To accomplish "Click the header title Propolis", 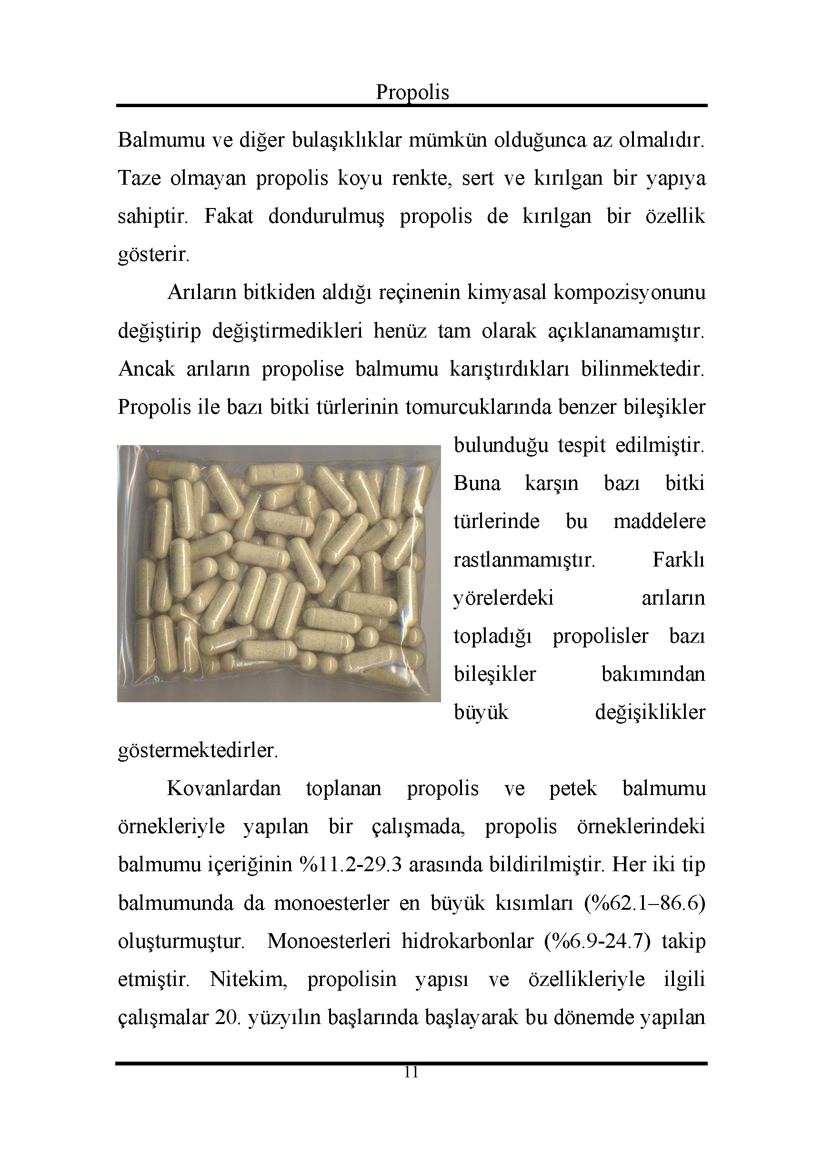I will [412, 92].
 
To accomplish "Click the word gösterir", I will [153, 255].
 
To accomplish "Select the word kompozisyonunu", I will [629, 293].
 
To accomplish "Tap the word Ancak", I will [146, 369].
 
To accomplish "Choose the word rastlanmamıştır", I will [524, 560].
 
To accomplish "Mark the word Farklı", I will [679, 560].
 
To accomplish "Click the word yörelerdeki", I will [503, 598].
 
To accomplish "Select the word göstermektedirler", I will [198, 751].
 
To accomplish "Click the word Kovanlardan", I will [224, 789].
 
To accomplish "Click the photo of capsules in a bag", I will [279, 573].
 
